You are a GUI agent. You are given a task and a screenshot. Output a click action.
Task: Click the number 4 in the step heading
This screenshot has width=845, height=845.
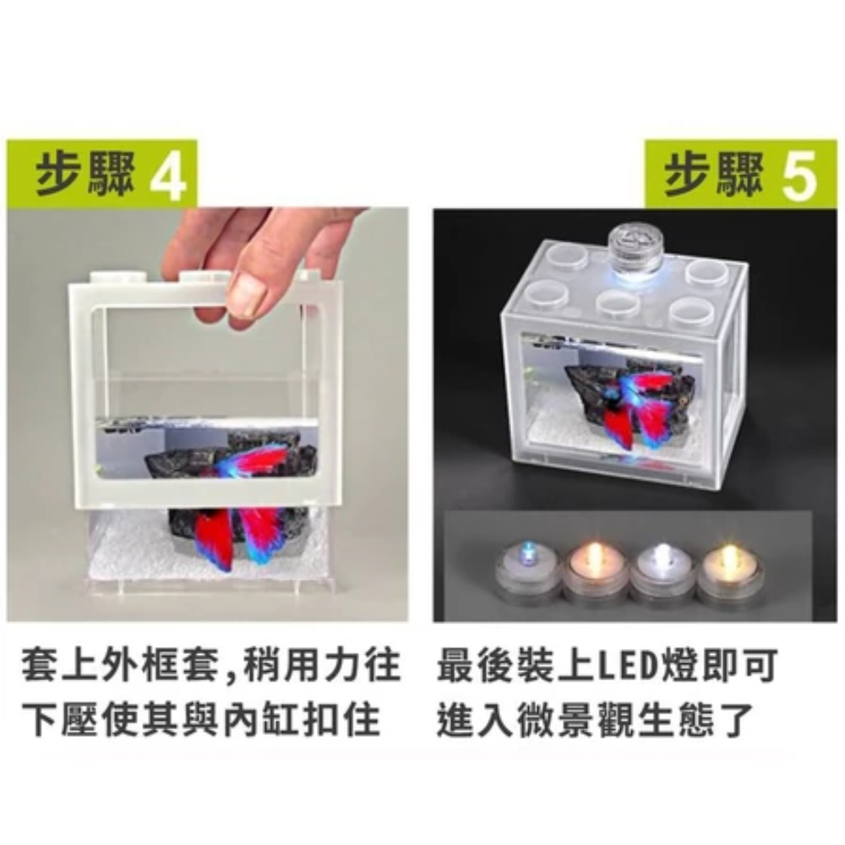pyautogui.click(x=167, y=174)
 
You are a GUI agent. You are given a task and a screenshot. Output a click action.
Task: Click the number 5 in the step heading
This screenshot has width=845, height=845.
pyautogui.click(x=799, y=174)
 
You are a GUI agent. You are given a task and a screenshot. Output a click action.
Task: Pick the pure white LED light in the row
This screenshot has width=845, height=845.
pyautogui.click(x=662, y=573)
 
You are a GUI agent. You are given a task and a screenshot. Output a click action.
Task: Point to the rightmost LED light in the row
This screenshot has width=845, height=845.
pyautogui.click(x=729, y=573)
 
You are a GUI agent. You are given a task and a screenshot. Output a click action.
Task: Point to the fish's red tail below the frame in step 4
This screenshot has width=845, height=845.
pyautogui.click(x=213, y=539)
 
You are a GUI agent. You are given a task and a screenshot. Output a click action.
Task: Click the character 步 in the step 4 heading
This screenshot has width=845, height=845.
pyautogui.click(x=57, y=174)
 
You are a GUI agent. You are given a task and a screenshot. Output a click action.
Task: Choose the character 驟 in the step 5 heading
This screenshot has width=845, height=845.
pyautogui.click(x=740, y=174)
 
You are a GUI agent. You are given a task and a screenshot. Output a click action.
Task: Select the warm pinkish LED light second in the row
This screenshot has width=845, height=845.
pyautogui.click(x=595, y=573)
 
